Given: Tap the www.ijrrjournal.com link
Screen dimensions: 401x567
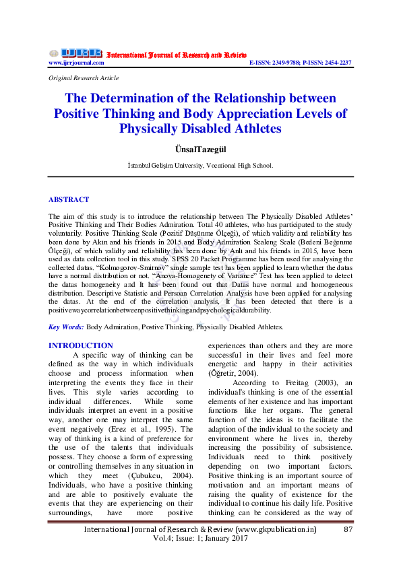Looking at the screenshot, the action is tap(76, 63).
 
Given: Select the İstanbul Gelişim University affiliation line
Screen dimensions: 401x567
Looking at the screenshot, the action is tap(200, 164).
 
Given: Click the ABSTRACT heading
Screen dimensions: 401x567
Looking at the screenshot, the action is tap(68, 199).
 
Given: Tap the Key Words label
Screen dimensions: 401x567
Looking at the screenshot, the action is tap(66, 327).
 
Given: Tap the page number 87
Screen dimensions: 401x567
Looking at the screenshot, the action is tap(348, 529).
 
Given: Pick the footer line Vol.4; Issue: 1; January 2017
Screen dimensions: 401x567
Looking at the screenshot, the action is tap(200, 539).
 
